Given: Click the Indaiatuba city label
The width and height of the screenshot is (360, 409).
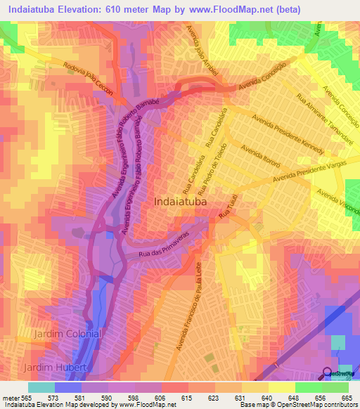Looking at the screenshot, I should [x=181, y=201].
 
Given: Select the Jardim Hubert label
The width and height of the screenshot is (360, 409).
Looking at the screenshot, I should [x=56, y=368].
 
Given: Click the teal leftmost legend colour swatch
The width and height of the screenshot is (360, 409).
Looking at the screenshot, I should [x=41, y=387].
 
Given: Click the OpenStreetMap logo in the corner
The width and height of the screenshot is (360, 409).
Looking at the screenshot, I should [x=340, y=373].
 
